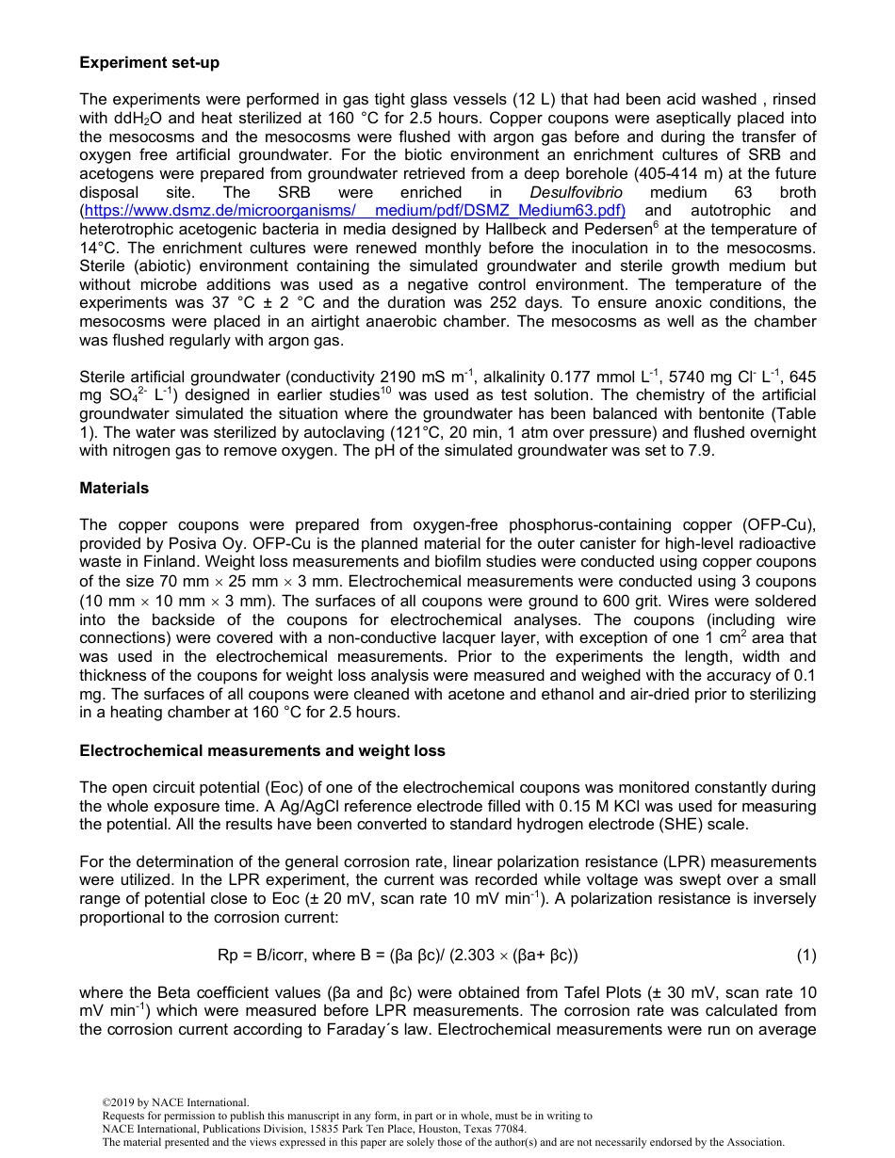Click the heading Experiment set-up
point(149,62)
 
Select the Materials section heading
point(114,488)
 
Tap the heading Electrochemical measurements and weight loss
point(262,750)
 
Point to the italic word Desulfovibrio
point(577,192)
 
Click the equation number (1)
point(805,955)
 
